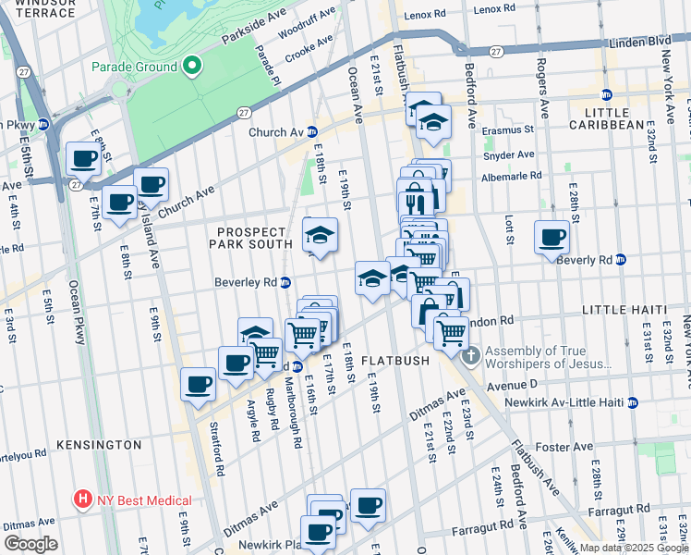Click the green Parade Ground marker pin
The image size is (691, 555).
[x=191, y=67]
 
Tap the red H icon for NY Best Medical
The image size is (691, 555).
[x=84, y=499]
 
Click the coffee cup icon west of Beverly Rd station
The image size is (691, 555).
[x=552, y=237]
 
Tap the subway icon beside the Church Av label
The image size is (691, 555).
[x=312, y=132]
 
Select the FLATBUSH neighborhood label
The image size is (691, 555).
[x=395, y=360]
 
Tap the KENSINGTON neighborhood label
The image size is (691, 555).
[x=99, y=445]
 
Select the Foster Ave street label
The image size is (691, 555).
[x=565, y=447]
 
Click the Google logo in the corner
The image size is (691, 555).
[x=30, y=544]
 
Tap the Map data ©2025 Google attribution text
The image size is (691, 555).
[x=633, y=548]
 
